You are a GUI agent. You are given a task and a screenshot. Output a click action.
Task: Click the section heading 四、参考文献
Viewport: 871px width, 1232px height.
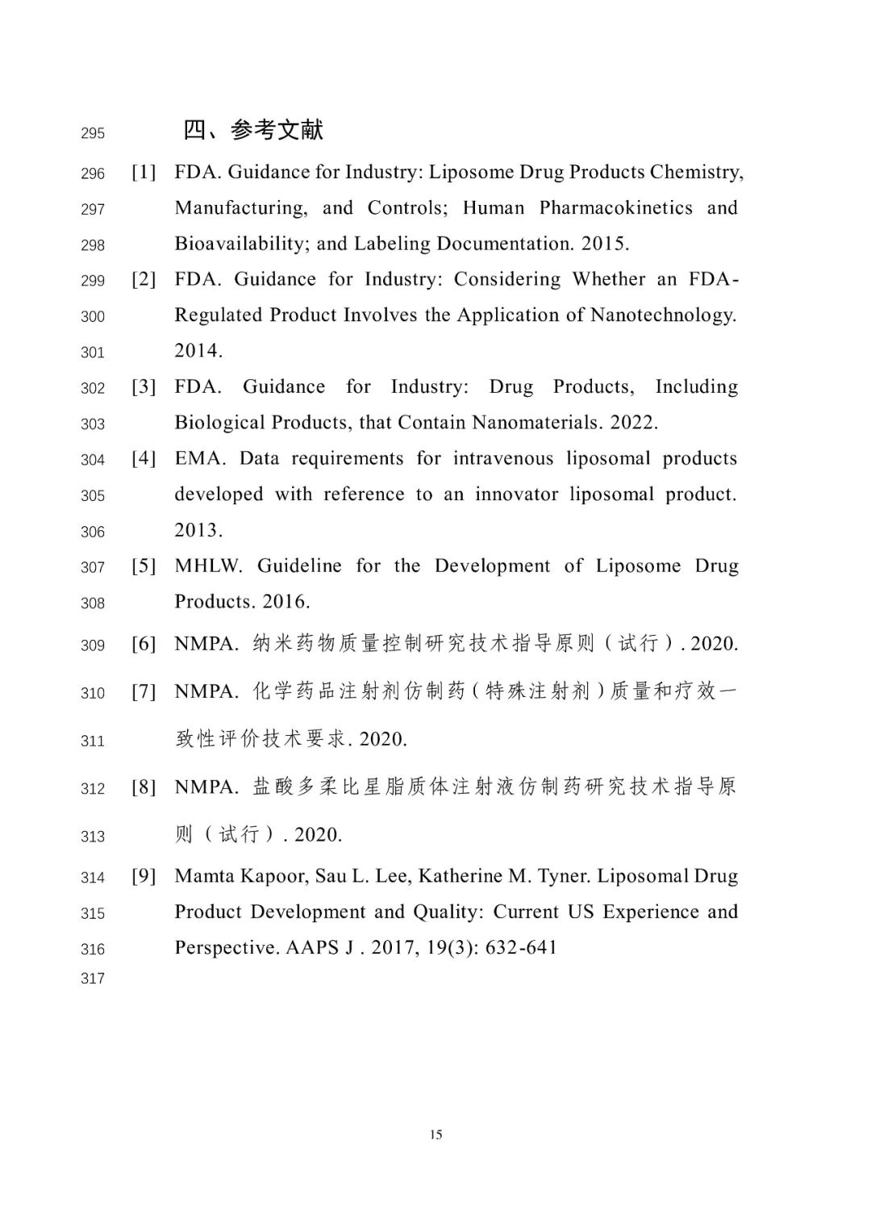[x=253, y=130]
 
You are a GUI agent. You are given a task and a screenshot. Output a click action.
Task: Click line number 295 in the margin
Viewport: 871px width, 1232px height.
[x=93, y=133]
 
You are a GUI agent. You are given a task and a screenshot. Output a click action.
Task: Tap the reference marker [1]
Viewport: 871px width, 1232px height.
[x=144, y=172]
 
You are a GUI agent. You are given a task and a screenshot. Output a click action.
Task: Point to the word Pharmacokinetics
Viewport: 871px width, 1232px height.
[x=615, y=208]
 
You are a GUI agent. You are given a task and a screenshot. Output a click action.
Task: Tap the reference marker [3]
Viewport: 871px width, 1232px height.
[x=144, y=386]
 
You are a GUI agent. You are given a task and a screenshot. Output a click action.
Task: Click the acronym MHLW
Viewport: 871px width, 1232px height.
[x=208, y=566]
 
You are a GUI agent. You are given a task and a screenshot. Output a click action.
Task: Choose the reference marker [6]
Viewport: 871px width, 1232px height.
[x=144, y=644]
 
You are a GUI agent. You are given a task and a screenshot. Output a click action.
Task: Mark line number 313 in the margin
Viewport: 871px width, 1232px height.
[x=93, y=837]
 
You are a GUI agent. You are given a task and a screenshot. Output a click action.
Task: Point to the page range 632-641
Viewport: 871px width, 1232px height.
[x=521, y=947]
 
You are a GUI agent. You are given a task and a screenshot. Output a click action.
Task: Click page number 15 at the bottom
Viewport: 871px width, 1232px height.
[x=435, y=1134]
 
